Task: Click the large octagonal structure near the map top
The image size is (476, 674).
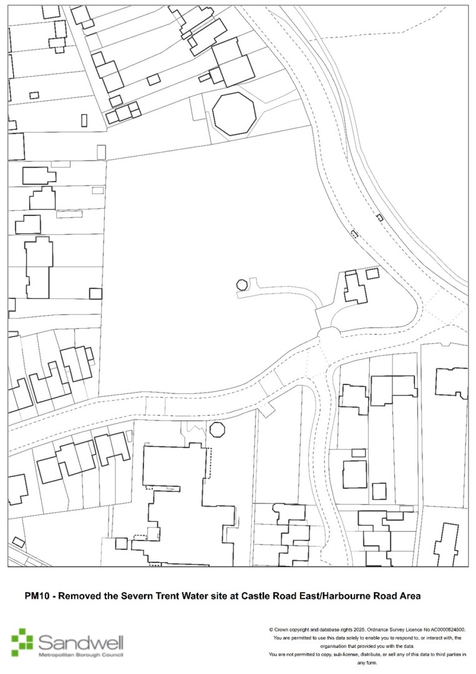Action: [x=234, y=114]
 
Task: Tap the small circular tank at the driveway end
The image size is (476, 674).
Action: [x=242, y=285]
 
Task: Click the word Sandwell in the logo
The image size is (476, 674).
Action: [x=80, y=643]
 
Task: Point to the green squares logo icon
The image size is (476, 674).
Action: [x=22, y=642]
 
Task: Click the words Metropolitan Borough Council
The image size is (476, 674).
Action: [x=80, y=655]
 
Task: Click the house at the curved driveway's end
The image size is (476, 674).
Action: [x=355, y=288]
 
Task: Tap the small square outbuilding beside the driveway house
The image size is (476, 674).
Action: [x=372, y=273]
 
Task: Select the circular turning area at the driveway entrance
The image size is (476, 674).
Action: [x=329, y=333]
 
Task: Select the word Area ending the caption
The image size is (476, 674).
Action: [x=409, y=596]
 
